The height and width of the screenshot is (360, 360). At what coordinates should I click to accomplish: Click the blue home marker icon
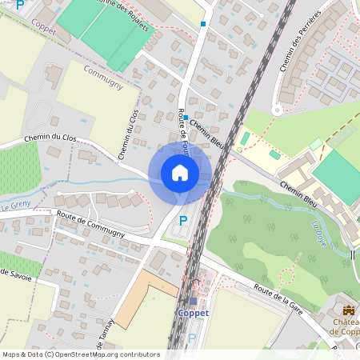[180, 173]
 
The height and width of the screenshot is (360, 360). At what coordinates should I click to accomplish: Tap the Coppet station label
[193, 313]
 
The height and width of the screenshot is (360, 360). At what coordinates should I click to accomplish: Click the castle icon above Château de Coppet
[348, 310]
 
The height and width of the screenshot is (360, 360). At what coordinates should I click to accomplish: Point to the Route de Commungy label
[90, 223]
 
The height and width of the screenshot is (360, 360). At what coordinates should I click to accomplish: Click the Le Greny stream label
[16, 205]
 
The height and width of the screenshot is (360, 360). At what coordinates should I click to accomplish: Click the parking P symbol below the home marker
[183, 220]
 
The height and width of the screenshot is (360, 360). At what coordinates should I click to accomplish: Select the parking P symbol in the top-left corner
[20, 6]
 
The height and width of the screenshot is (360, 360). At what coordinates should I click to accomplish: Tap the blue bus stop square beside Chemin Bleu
[186, 118]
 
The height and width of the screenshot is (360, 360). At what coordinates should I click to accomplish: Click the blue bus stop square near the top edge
[204, 24]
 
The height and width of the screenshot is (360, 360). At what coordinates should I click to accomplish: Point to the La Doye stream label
[321, 233]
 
